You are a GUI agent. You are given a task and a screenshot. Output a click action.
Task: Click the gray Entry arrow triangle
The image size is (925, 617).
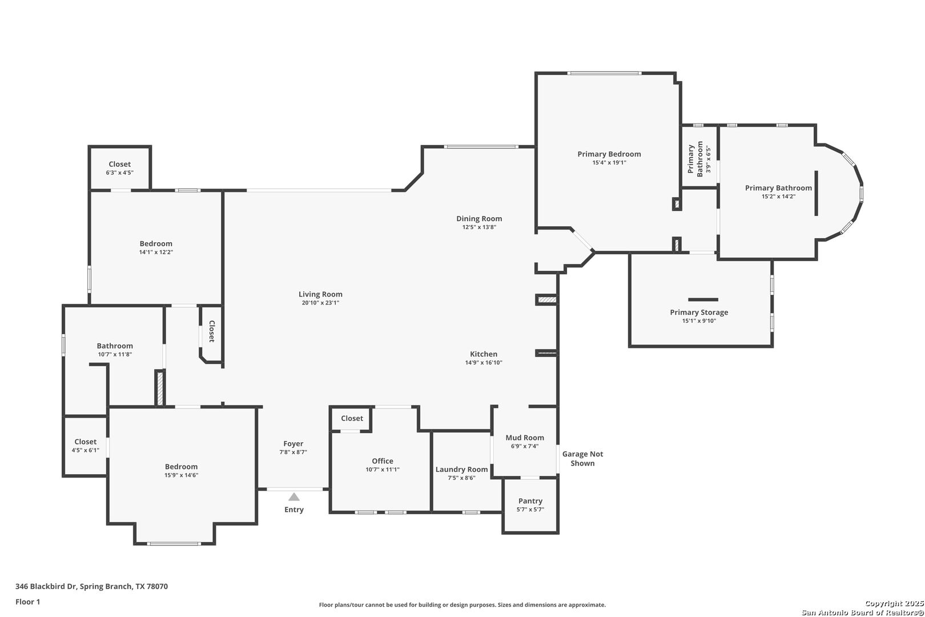pyautogui.click(x=293, y=496)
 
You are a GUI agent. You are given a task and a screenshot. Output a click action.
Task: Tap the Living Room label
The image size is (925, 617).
pyautogui.click(x=320, y=294)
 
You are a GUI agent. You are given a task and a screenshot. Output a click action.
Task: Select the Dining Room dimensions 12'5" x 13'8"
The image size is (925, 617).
pyautogui.click(x=479, y=227)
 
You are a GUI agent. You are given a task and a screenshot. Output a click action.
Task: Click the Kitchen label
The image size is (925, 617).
pyautogui.click(x=484, y=354)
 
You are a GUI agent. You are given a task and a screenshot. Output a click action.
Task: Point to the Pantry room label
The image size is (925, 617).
pyautogui.click(x=530, y=501)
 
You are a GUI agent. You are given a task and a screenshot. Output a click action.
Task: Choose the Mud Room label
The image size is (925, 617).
pyautogui.click(x=525, y=438)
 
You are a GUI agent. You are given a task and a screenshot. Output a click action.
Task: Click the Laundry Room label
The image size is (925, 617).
pyautogui.click(x=462, y=470)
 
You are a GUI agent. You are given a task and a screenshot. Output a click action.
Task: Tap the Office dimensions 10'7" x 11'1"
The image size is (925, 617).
pyautogui.click(x=383, y=470)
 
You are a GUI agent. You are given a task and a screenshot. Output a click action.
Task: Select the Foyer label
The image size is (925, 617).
pyautogui.click(x=293, y=444)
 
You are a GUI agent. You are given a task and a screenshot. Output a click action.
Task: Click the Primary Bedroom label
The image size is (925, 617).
pyautogui.click(x=609, y=154)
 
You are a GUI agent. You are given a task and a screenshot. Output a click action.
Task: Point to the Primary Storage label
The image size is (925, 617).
pyautogui.click(x=699, y=312)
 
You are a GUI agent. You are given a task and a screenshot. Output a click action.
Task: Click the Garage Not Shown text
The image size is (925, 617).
pyautogui.click(x=582, y=459)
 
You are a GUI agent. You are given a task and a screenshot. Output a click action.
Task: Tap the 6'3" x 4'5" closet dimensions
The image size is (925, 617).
pyautogui.click(x=120, y=173)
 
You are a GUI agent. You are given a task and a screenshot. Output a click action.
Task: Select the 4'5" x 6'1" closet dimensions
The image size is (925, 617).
pyautogui.click(x=86, y=450)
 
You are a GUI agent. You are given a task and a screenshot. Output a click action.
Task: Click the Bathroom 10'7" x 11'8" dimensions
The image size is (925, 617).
pyautogui.click(x=115, y=355)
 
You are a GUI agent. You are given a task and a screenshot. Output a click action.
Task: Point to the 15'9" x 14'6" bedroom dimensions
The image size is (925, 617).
pyautogui.click(x=181, y=475)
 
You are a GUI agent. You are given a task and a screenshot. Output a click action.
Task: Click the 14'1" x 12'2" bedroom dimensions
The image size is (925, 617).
pyautogui.click(x=156, y=252)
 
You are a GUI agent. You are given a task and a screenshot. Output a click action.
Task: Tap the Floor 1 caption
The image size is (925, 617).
pyautogui.click(x=27, y=602)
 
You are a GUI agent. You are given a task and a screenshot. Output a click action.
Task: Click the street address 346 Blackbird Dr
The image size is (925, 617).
pyautogui.click(x=46, y=586)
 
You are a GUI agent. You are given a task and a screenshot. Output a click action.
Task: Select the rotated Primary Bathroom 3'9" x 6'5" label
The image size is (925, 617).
pyautogui.click(x=699, y=159)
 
